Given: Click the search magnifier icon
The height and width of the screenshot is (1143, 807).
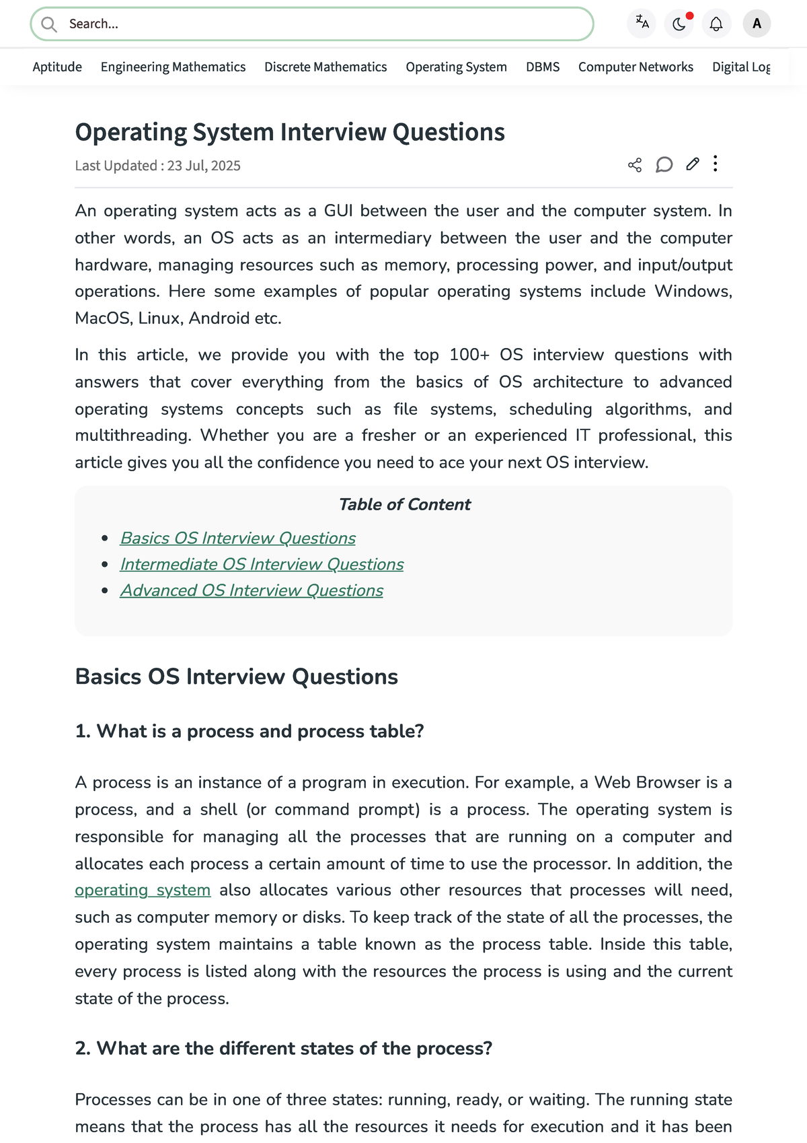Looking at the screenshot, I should (x=48, y=25).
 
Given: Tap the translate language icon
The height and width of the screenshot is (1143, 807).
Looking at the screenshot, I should (x=642, y=23).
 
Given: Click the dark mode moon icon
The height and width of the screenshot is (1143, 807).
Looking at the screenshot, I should (x=679, y=24).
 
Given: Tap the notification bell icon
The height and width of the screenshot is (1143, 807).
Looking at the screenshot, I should (x=716, y=24).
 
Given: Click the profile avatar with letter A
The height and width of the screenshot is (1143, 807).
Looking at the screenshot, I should (x=757, y=24).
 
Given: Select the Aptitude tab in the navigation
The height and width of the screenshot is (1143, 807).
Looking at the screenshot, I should (x=57, y=67).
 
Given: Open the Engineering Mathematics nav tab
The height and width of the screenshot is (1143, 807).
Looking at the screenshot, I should (x=173, y=67).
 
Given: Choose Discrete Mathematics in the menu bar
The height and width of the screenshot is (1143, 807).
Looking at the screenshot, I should (x=325, y=67).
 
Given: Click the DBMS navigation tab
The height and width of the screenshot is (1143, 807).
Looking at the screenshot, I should (x=543, y=67).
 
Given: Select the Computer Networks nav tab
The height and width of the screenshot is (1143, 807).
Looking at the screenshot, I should (x=636, y=67).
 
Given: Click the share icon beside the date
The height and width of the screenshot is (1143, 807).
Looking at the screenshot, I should (x=634, y=165).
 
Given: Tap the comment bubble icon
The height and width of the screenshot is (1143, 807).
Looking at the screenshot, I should (x=664, y=165).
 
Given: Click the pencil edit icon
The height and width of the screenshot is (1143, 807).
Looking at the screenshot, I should (x=693, y=164).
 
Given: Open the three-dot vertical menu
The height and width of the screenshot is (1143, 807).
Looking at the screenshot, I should (x=716, y=164).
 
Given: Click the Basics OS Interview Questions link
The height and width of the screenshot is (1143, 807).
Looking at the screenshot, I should (x=237, y=538).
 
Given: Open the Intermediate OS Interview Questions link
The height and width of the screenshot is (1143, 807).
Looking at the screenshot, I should (x=262, y=564).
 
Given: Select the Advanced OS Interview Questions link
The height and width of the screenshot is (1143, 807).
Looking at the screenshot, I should (x=252, y=590).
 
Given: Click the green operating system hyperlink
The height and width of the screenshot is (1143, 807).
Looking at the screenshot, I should (x=143, y=890).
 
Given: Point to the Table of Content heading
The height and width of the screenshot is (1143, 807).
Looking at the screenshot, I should (x=404, y=504).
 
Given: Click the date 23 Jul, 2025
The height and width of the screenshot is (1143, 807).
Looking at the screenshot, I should (x=204, y=166).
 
